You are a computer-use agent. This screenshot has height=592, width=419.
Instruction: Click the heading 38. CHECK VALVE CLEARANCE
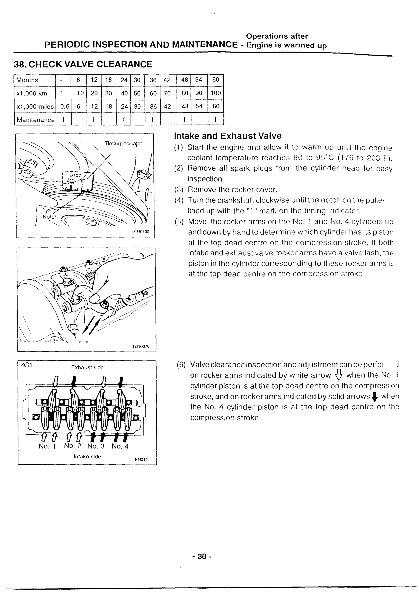[83, 64]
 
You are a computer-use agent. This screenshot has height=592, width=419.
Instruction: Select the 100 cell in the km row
[216, 93]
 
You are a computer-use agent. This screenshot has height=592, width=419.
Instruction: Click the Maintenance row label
[36, 120]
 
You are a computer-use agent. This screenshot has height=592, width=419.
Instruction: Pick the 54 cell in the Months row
[199, 80]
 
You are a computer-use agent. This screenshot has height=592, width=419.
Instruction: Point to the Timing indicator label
[123, 143]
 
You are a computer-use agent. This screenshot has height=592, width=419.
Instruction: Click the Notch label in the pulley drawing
[50, 217]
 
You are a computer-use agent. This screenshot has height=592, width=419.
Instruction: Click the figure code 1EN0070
[141, 347]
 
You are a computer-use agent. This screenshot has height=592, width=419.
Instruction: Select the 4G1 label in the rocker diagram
[26, 365]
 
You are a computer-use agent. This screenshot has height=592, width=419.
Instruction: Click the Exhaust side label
[87, 367]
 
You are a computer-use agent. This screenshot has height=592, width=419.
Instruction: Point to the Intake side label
[87, 457]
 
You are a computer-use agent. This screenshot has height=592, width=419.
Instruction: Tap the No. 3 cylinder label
[96, 446]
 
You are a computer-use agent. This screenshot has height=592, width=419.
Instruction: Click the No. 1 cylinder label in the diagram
[47, 446]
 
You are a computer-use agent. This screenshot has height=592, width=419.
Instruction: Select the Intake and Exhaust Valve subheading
[228, 136]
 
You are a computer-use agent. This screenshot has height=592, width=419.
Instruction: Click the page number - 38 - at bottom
[202, 557]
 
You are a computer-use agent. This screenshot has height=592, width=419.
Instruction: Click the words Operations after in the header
[277, 36]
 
